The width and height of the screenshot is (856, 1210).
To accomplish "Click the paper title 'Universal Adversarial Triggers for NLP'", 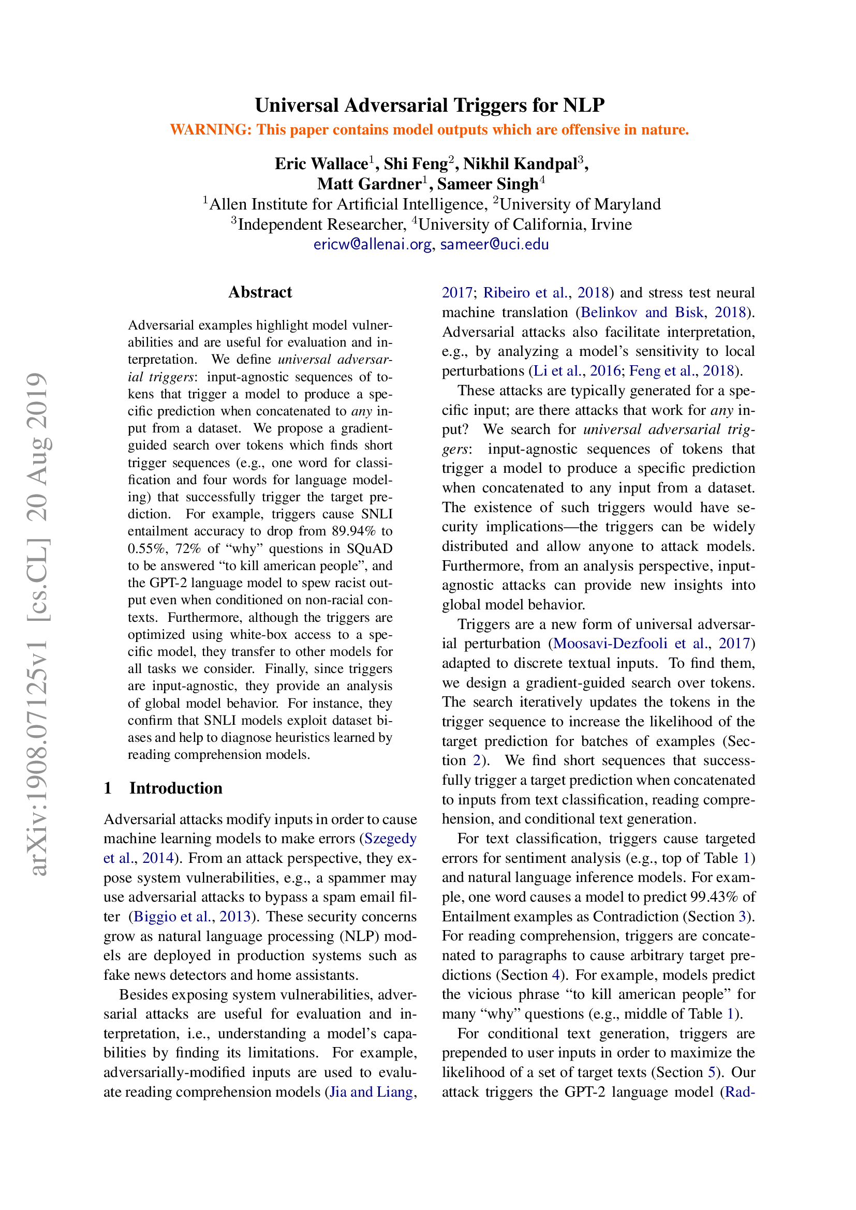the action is [429, 106].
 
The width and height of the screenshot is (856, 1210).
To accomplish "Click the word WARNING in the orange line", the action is [210, 130].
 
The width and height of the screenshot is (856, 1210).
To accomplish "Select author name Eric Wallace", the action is [321, 164].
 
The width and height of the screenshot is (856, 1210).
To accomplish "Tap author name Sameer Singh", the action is [488, 184].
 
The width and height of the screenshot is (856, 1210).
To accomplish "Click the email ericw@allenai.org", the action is [372, 245].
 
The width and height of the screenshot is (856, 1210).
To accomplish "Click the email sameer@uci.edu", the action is [494, 245].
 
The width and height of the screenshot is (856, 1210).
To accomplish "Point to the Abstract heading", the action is [260, 292].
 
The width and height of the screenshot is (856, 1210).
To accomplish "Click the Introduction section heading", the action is [175, 788].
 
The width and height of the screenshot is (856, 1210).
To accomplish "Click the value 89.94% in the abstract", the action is [353, 531].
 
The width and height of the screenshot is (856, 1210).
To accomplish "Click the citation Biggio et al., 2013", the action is [192, 916].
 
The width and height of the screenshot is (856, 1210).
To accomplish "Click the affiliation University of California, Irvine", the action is [525, 225].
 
